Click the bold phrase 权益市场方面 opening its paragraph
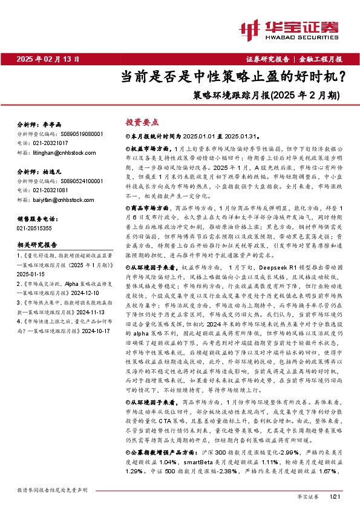pos(148,148)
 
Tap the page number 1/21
pos(336,496)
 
